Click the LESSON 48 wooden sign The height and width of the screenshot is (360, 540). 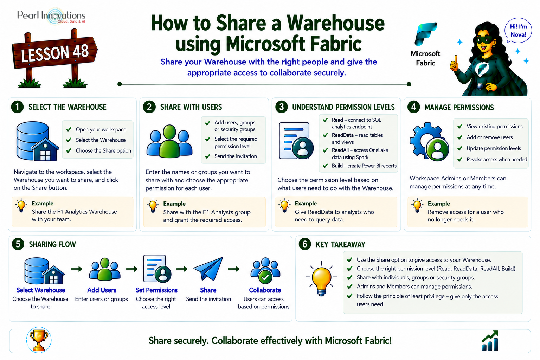(x=55, y=53)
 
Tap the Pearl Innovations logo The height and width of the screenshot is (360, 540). (x=51, y=16)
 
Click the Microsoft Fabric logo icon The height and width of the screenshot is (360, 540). (x=425, y=34)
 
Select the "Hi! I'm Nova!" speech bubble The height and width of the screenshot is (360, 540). (x=518, y=31)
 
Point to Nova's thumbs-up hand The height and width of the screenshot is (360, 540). (x=455, y=64)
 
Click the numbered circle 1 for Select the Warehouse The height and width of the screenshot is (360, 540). (x=17, y=107)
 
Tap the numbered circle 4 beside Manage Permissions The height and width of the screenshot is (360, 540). (x=414, y=107)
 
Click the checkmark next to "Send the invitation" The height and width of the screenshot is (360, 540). (x=207, y=156)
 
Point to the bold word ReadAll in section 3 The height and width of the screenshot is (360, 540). (x=340, y=150)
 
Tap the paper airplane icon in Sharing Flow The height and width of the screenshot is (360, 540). (x=208, y=269)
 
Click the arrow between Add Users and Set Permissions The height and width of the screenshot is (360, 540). (x=132, y=269)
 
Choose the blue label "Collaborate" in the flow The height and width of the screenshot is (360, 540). (x=265, y=290)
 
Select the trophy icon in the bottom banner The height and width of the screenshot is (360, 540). (x=39, y=340)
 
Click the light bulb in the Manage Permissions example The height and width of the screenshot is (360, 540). (x=417, y=206)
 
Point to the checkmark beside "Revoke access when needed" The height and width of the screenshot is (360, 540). (x=460, y=159)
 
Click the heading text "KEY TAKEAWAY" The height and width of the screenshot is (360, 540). (x=340, y=244)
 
